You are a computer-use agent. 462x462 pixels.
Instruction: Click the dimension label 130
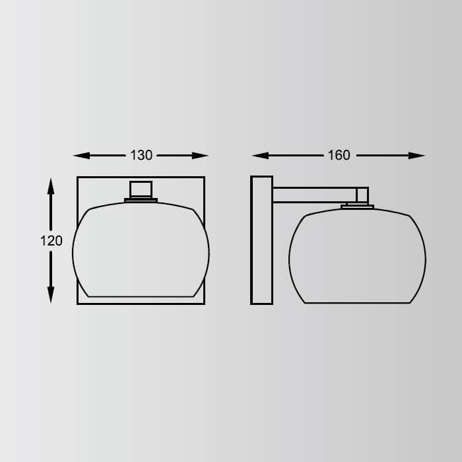pos(141,155)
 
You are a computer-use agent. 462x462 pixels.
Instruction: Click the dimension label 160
pos(339,155)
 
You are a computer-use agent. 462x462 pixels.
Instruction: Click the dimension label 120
pos(51,241)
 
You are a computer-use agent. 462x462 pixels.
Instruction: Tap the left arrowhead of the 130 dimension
pos(82,156)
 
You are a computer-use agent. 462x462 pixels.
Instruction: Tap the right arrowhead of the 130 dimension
pos(200,156)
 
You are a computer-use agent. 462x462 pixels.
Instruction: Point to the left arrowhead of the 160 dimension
pos(261,156)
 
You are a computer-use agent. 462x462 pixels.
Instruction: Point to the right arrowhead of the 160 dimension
pos(416,156)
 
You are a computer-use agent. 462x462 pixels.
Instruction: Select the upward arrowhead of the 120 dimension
pos(51,187)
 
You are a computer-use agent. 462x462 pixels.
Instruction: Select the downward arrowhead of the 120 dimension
pos(51,294)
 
